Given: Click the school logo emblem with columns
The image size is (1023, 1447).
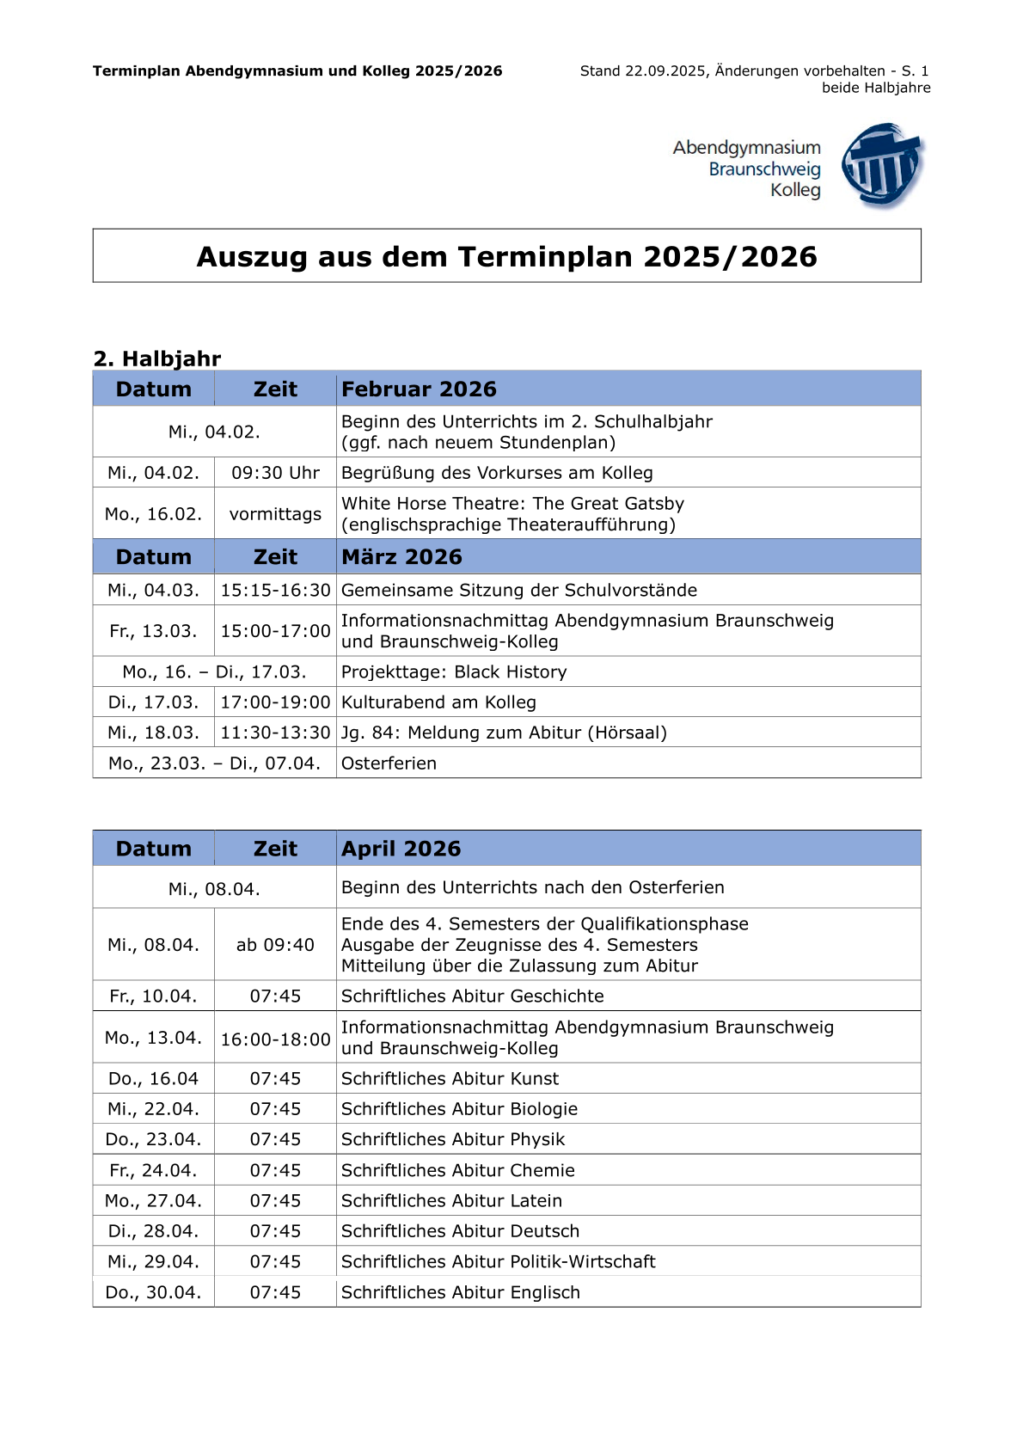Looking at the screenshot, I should click(882, 165).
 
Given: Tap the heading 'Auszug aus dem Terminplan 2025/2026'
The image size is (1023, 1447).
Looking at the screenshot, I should click(506, 256).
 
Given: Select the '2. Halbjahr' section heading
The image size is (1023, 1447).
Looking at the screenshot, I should click(156, 359).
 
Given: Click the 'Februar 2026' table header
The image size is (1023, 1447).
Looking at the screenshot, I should click(419, 389).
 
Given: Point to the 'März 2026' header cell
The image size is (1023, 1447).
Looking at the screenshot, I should click(401, 557).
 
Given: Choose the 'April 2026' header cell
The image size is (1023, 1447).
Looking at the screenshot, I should click(401, 849).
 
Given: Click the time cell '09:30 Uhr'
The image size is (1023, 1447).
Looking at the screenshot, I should click(275, 473).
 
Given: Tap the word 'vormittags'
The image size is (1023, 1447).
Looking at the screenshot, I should click(275, 514).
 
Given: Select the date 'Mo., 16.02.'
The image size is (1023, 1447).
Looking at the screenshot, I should click(153, 514).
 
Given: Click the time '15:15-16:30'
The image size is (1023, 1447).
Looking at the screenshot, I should click(275, 591).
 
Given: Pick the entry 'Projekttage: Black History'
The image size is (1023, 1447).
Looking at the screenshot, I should click(454, 672).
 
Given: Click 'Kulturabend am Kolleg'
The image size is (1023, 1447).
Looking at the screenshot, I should click(438, 702).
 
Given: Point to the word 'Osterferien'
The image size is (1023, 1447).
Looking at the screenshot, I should click(389, 763).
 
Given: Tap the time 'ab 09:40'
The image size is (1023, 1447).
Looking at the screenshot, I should click(275, 945).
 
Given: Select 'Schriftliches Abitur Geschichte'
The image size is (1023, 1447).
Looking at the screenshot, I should click(472, 996).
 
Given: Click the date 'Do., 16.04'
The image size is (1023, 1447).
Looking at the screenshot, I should click(153, 1079).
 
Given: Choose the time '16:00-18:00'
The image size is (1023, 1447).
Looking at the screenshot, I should click(275, 1039).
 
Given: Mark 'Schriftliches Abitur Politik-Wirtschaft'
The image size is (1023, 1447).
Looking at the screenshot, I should click(498, 1262).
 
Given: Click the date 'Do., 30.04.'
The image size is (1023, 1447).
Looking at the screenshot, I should click(153, 1293).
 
